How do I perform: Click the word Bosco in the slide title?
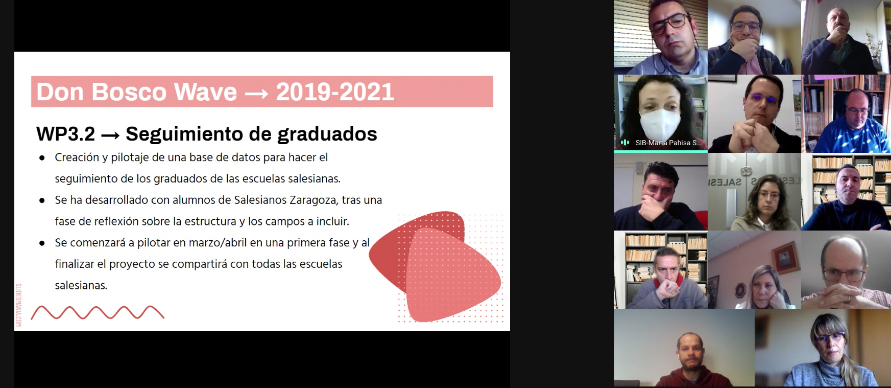tap(129, 92)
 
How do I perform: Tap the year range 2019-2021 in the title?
tap(335, 92)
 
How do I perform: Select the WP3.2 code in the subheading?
tap(65, 134)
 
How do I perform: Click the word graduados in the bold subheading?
tap(327, 134)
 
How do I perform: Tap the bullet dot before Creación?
tap(42, 158)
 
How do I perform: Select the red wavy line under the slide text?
tap(98, 312)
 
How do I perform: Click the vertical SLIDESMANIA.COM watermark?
tap(18, 305)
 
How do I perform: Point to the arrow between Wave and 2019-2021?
tap(256, 94)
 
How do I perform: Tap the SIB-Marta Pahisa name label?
tap(668, 143)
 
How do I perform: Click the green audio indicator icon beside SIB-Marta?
tap(624, 143)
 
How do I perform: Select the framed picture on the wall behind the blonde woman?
tap(785, 257)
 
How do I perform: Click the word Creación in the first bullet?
tap(77, 157)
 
